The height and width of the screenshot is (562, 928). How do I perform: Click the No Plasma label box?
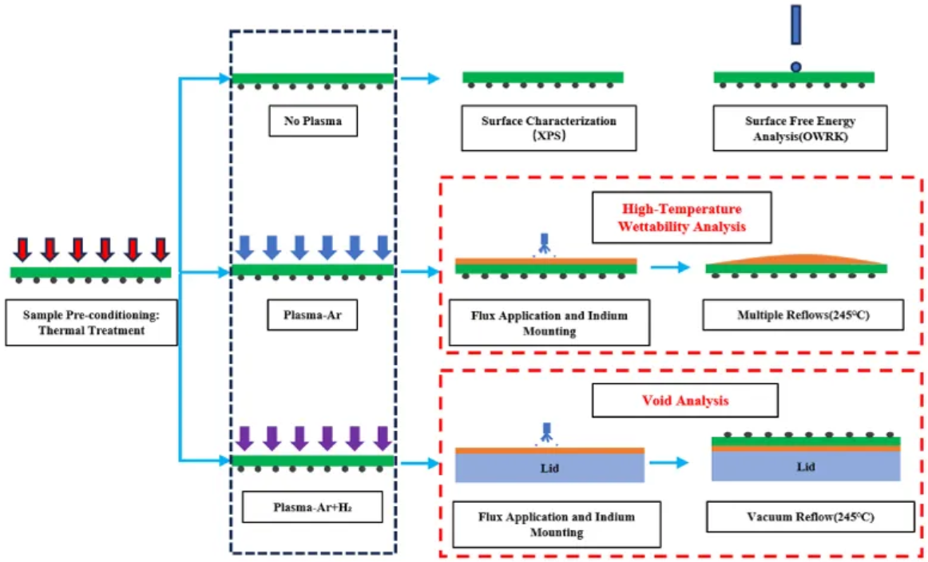point(312,122)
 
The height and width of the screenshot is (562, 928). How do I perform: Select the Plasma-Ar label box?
point(312,315)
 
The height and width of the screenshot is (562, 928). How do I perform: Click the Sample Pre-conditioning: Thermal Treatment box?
point(91,323)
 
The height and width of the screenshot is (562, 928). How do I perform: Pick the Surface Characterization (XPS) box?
point(549,128)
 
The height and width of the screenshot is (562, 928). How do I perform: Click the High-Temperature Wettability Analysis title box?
point(681,216)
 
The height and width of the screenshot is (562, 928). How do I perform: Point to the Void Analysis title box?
point(684,401)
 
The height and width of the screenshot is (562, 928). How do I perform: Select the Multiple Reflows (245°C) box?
point(803,315)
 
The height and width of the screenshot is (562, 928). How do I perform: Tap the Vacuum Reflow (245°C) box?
point(810,517)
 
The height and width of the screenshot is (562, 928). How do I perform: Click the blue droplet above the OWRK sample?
point(795,66)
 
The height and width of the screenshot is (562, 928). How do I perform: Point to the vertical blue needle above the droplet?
point(795,26)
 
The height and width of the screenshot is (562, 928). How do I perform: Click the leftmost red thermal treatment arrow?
point(22,250)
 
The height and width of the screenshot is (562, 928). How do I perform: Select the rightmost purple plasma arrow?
point(383,439)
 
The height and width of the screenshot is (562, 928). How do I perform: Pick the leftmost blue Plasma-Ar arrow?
point(244,248)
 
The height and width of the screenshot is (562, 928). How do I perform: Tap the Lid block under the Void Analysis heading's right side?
point(806,467)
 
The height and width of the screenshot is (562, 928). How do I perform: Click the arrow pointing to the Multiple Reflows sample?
point(669,267)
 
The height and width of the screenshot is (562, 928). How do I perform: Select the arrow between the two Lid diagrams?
point(669,462)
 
